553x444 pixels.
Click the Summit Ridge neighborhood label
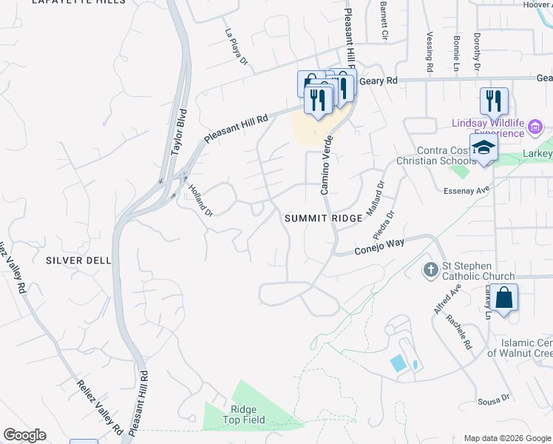tap(324, 218)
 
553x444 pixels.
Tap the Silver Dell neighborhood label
tap(78, 260)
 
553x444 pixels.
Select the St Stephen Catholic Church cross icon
tap(430, 269)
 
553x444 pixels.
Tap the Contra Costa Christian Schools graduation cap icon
tap(484, 148)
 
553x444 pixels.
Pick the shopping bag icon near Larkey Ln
tap(503, 298)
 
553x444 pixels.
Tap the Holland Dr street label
tap(200, 200)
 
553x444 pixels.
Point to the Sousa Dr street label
tap(495, 399)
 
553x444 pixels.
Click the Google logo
tap(24, 435)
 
